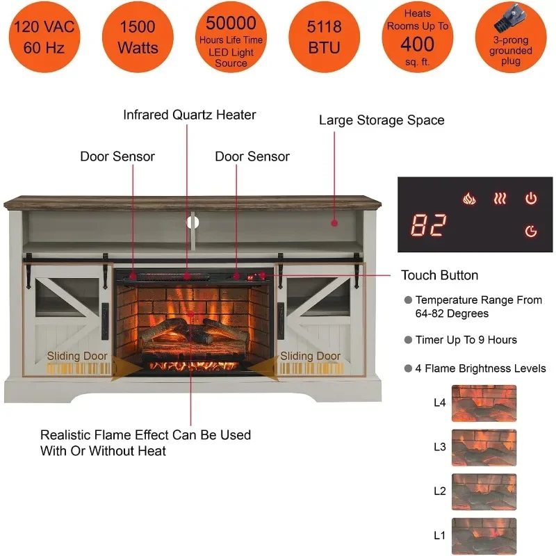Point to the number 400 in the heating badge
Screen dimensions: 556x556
[417, 44]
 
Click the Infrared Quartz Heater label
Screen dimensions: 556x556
[190, 115]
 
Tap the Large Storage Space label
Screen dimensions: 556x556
[382, 120]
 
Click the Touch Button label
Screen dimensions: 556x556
[439, 275]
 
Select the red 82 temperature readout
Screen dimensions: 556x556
[428, 225]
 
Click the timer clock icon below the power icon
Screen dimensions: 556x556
[531, 231]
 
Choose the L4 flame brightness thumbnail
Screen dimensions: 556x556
[484, 403]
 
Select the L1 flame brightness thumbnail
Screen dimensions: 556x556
[484, 536]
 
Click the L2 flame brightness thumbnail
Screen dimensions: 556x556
[484, 491]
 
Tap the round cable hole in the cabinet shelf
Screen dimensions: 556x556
[194, 222]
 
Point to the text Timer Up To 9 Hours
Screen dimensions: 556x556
[466, 340]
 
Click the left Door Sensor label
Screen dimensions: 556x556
[117, 156]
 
